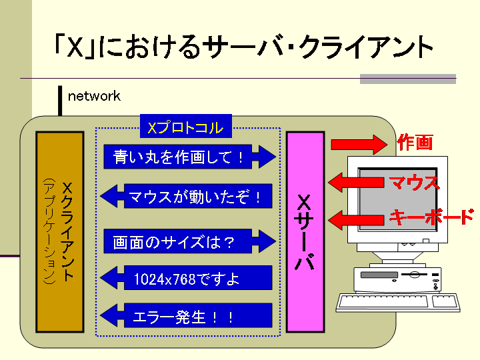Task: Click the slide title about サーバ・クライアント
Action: tap(243, 46)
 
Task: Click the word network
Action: tap(94, 96)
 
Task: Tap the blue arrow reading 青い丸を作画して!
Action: tap(189, 157)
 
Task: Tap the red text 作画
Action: tap(415, 142)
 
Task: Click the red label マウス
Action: tap(413, 182)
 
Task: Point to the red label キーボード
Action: tap(431, 216)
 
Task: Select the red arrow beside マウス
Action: tap(357, 181)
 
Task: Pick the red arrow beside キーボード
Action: tap(357, 217)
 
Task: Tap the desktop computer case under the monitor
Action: tap(398, 277)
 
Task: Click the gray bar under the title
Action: tap(407, 79)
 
